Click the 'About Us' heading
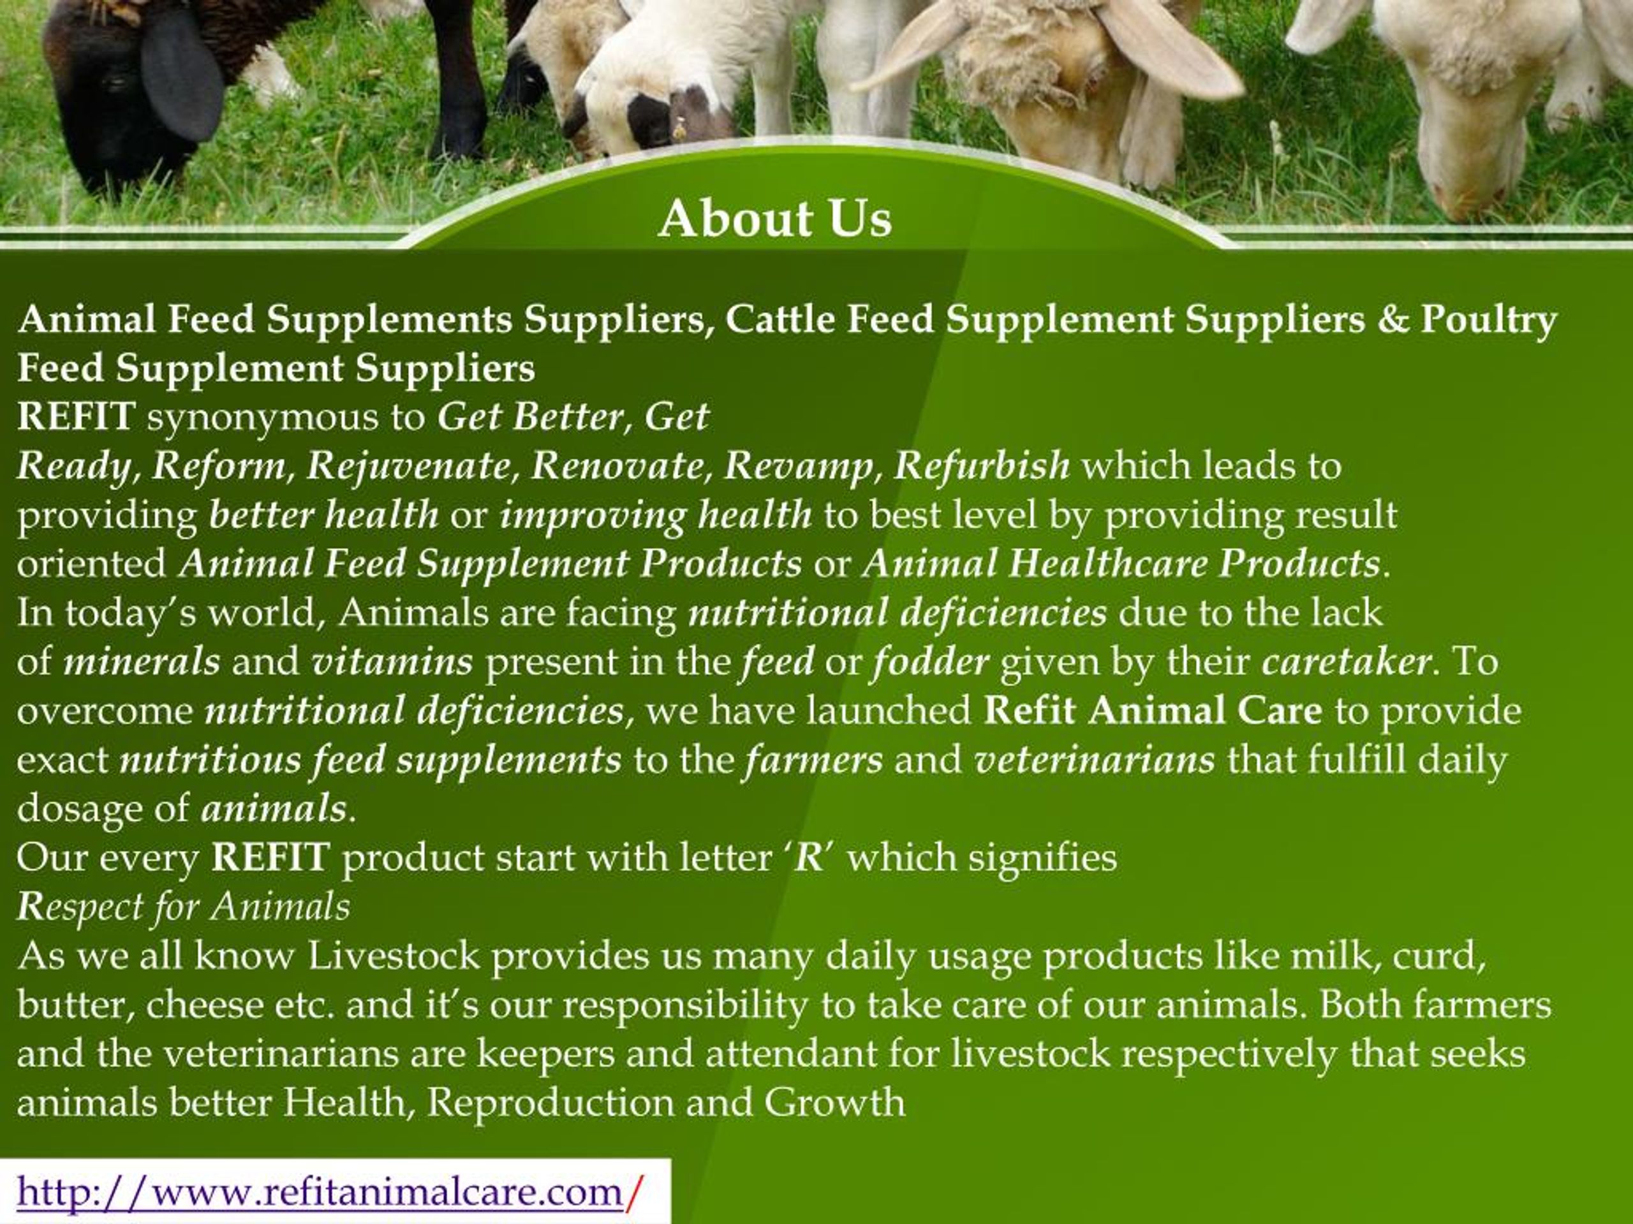[x=774, y=219]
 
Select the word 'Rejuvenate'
[x=408, y=465]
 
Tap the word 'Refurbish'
[x=982, y=465]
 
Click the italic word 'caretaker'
[x=1347, y=661]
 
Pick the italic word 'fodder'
[x=929, y=661]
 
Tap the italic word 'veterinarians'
[x=1094, y=760]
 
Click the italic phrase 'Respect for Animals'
[x=183, y=907]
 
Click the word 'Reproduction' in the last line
[x=550, y=1103]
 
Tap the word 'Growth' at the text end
[x=834, y=1103]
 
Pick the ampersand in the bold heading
[x=1393, y=319]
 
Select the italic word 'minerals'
[x=142, y=661]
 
